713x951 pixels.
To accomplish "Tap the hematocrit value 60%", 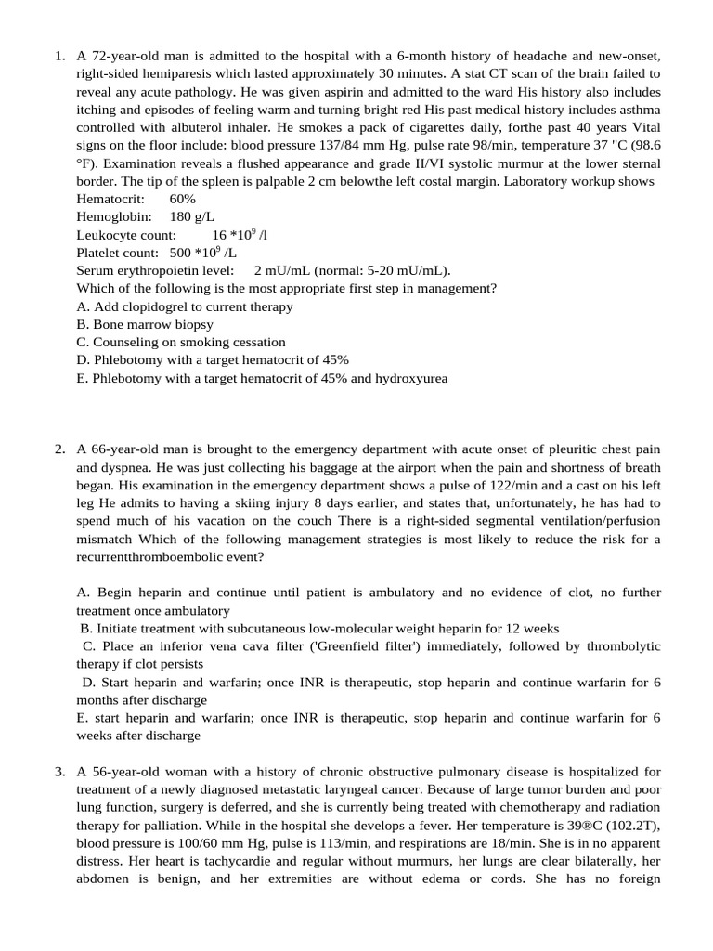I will coord(183,200).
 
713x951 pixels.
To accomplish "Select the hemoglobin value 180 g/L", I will coord(193,217).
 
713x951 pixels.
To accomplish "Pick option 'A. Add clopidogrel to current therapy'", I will coord(184,306).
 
